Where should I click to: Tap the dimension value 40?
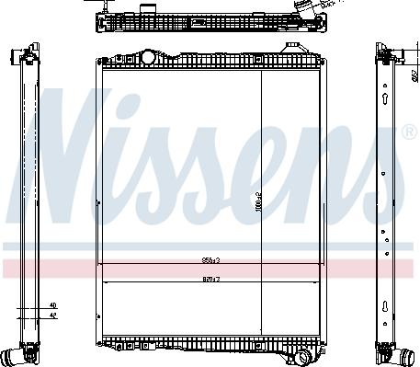pyautogui.click(x=52, y=304)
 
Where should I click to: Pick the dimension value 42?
pyautogui.click(x=52, y=315)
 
